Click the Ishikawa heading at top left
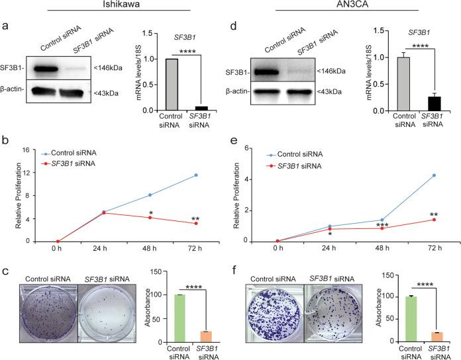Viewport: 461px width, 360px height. pos(117,7)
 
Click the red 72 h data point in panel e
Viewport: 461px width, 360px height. pos(433,220)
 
